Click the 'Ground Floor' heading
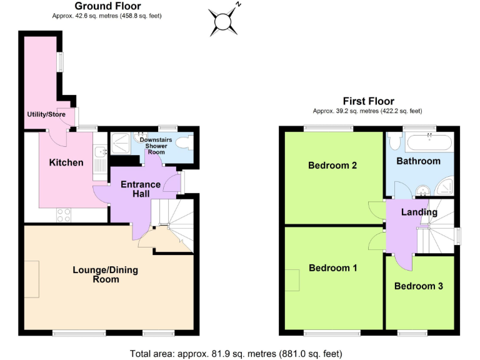click(x=107, y=6)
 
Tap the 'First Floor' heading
click(x=368, y=101)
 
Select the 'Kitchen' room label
click(x=66, y=163)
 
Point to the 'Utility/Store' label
click(x=46, y=114)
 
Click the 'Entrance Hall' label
click(x=140, y=190)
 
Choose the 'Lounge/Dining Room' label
click(x=106, y=276)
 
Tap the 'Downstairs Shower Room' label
click(x=156, y=146)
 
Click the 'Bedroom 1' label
click(x=332, y=268)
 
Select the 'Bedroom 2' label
click(x=332, y=166)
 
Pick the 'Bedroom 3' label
click(x=419, y=286)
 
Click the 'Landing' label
click(x=419, y=212)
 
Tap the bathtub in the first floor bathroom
click(x=429, y=143)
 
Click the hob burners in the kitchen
click(x=64, y=214)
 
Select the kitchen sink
click(x=99, y=151)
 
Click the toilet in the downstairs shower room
click(x=185, y=142)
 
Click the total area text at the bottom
click(x=236, y=354)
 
